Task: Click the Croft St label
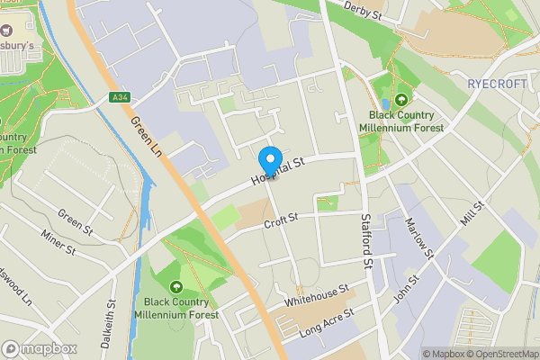point(282,221)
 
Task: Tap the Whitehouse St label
point(315,294)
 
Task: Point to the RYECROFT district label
point(497,83)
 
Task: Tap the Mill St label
point(472,217)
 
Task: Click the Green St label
point(76,219)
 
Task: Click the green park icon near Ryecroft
point(401,100)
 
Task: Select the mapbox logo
point(40,348)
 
